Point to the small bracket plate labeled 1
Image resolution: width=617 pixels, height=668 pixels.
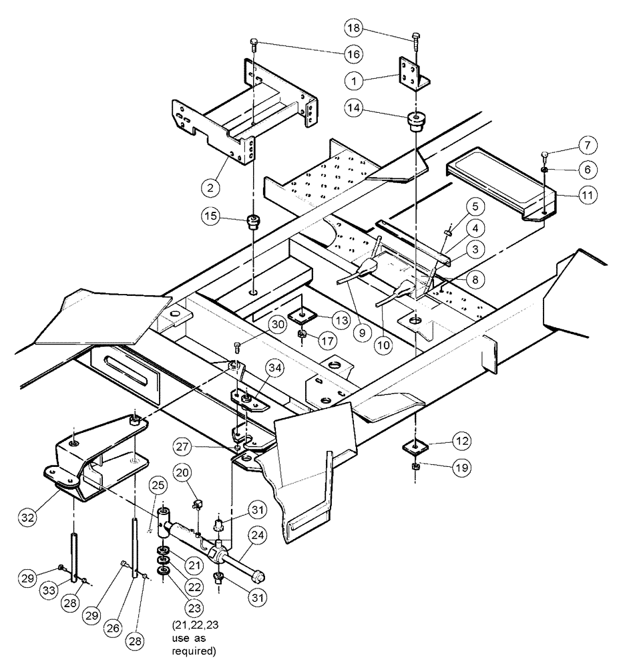(411, 73)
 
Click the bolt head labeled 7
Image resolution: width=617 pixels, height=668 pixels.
(544, 156)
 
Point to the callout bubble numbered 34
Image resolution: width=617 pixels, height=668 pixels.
(275, 367)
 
